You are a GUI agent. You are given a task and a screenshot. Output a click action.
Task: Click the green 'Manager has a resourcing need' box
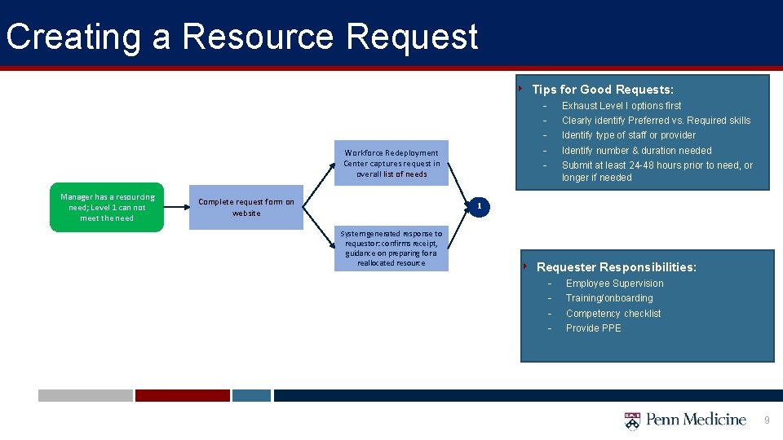pyautogui.click(x=107, y=209)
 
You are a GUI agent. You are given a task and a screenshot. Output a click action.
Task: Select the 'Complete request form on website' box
pyautogui.click(x=246, y=208)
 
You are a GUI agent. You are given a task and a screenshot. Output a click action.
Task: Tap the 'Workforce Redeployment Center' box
pyautogui.click(x=391, y=163)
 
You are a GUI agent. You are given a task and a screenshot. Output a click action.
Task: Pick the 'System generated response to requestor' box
pyautogui.click(x=391, y=249)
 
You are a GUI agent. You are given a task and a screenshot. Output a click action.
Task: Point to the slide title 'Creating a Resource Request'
pyautogui.click(x=241, y=37)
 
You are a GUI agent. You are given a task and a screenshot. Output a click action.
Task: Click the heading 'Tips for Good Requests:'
pyautogui.click(x=602, y=90)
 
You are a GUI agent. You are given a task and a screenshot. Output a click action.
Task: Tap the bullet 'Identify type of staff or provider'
pyautogui.click(x=629, y=135)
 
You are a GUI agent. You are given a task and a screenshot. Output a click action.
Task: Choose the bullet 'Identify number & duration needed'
pyautogui.click(x=636, y=151)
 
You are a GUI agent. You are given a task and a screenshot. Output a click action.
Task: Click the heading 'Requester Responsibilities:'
pyautogui.click(x=616, y=267)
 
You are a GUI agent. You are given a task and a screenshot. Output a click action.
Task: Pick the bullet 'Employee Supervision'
pyautogui.click(x=614, y=284)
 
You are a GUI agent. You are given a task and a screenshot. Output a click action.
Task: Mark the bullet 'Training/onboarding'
pyautogui.click(x=609, y=298)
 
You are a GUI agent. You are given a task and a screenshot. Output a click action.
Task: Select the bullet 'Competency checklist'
pyautogui.click(x=613, y=314)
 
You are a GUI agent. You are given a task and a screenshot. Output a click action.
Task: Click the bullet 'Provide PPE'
pyautogui.click(x=593, y=328)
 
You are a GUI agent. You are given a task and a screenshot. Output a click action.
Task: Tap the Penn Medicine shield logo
pyautogui.click(x=632, y=420)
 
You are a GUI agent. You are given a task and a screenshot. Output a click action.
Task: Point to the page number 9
pyautogui.click(x=767, y=420)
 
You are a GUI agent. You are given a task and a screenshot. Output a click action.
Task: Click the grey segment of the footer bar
pyautogui.click(x=85, y=395)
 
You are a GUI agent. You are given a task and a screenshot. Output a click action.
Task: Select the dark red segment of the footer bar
pyautogui.click(x=182, y=395)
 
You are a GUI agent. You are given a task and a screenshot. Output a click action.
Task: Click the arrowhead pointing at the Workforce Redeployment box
pyautogui.click(x=331, y=165)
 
